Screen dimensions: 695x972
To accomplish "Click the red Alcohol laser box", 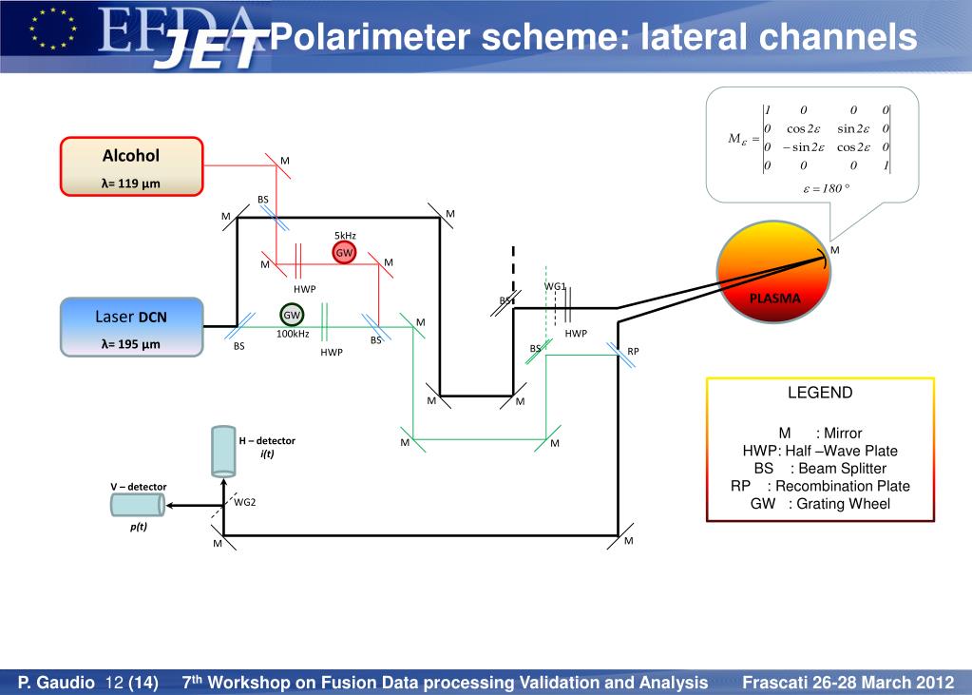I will point(131,166).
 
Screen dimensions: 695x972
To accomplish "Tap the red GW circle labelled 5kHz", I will point(344,252).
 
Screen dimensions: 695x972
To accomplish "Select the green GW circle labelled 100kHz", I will point(292,315).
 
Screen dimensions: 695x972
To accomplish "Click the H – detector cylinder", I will point(223,451).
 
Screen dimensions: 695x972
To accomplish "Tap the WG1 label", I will point(555,286).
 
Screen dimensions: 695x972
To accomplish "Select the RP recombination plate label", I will point(633,351).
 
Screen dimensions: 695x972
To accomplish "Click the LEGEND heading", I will point(820,393).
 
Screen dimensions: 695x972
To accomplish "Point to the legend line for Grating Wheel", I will point(820,504).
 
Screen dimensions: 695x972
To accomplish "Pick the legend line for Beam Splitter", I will point(820,468).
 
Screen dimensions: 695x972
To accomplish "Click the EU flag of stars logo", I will point(53,29).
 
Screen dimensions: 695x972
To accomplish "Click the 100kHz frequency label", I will point(293,334).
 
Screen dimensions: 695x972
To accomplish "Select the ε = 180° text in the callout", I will point(825,188).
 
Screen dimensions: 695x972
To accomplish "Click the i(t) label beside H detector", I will point(267,454).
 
